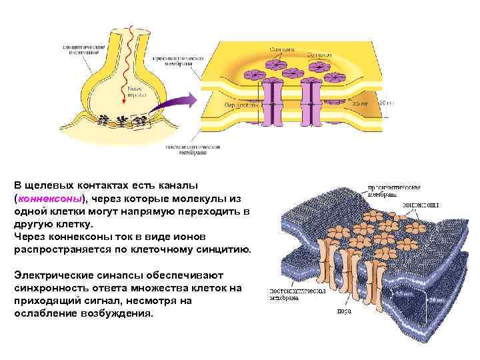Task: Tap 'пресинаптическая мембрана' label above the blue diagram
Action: pos(394,191)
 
